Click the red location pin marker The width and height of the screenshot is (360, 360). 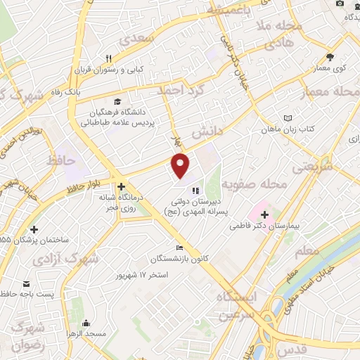[x=181, y=165]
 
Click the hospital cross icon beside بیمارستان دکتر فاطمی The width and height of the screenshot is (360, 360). [x=264, y=214]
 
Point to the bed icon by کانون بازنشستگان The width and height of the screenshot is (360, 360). [x=180, y=247]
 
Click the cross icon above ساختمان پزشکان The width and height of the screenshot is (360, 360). [x=34, y=229]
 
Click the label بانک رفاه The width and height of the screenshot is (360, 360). [x=89, y=91]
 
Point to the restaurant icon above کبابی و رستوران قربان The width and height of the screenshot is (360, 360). [x=108, y=59]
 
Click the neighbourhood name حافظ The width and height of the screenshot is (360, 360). [x=60, y=161]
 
